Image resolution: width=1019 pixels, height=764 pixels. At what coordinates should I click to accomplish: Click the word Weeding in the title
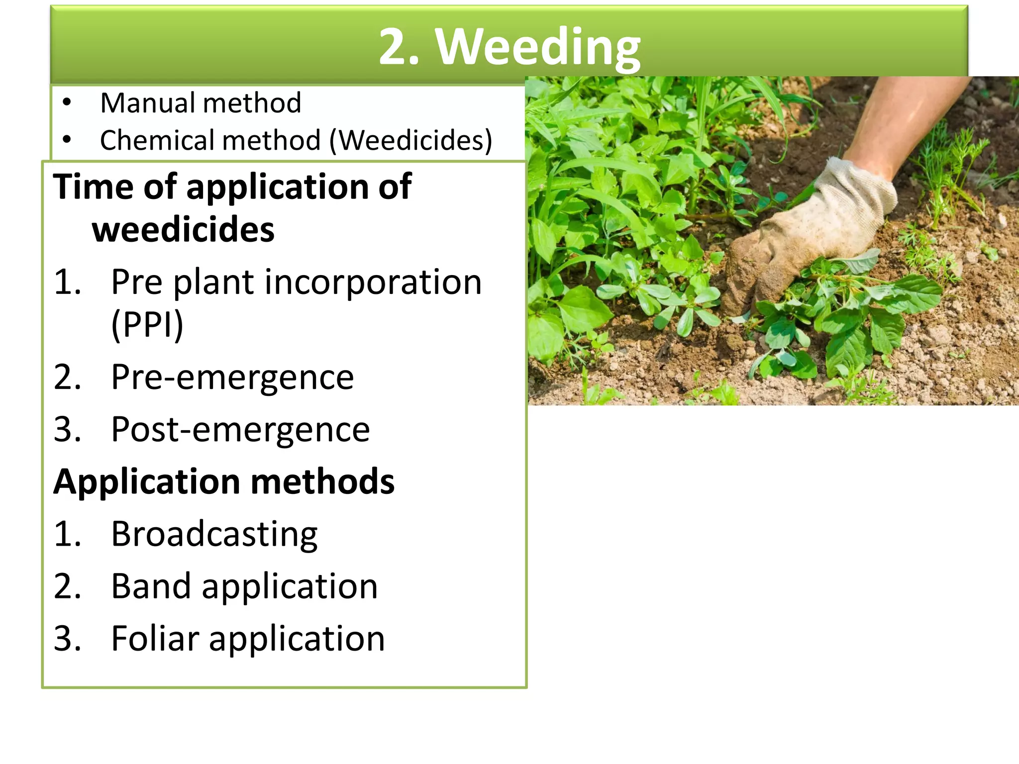click(x=538, y=47)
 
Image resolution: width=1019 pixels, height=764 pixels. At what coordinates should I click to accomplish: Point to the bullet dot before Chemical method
click(x=67, y=140)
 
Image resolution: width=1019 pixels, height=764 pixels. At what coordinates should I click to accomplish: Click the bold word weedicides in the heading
click(x=183, y=230)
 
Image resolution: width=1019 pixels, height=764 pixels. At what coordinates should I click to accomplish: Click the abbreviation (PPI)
click(x=147, y=325)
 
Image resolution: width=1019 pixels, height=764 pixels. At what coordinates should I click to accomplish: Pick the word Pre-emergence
click(x=232, y=378)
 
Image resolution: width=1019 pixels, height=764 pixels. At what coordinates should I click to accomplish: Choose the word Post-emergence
click(x=240, y=430)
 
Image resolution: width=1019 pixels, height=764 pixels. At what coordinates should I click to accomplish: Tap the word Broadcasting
click(x=214, y=535)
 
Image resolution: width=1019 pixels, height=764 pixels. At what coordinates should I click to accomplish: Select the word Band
click(x=150, y=586)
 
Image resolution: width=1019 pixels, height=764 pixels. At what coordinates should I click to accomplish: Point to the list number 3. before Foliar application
click(x=67, y=639)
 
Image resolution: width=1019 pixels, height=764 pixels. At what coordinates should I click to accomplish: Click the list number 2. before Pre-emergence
click(x=67, y=378)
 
